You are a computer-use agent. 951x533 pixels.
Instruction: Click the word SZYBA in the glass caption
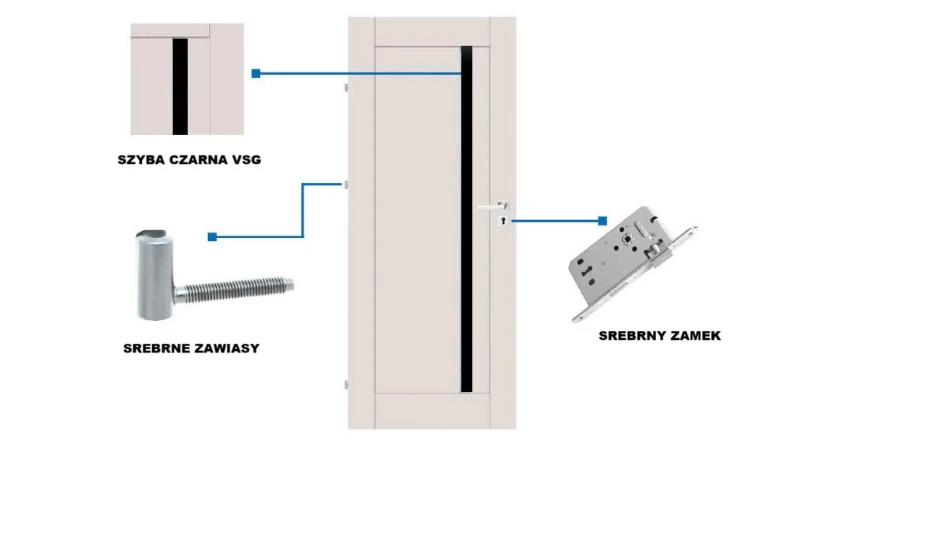click(x=141, y=160)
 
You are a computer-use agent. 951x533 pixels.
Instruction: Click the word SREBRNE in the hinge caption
click(x=155, y=348)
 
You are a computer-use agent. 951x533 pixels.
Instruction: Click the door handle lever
click(x=490, y=207)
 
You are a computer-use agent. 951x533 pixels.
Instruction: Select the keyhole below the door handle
click(x=502, y=222)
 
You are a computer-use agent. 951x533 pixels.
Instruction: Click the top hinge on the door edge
click(x=345, y=86)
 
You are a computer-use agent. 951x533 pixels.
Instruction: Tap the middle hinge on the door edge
click(x=345, y=184)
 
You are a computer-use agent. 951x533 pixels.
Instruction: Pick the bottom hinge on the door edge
click(x=345, y=384)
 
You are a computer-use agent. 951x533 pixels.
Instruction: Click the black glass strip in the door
click(x=466, y=237)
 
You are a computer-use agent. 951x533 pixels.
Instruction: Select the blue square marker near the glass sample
click(x=255, y=73)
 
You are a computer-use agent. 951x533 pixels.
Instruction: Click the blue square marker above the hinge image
click(x=212, y=237)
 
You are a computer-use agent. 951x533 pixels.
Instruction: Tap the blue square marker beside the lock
click(x=602, y=222)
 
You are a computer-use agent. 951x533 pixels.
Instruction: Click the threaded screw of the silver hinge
click(x=237, y=289)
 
